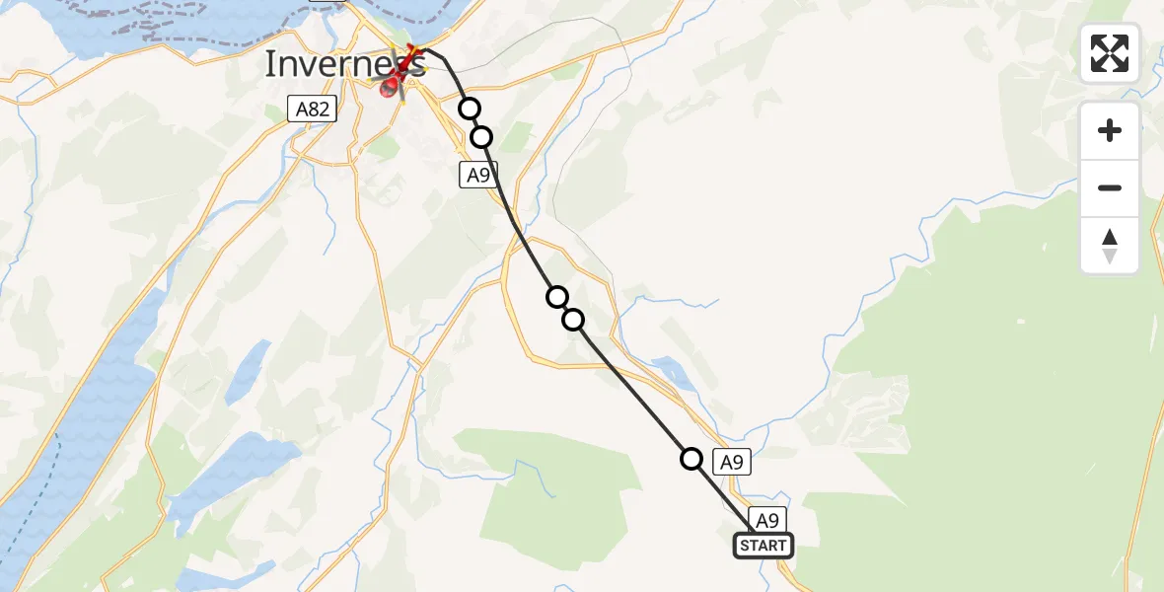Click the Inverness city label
coord(344,64)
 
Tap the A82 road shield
coord(313,109)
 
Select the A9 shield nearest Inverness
coord(477,176)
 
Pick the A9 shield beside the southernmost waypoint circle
coord(731,461)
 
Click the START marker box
coord(764,546)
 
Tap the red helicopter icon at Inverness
coord(394,87)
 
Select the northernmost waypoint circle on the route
coord(470,109)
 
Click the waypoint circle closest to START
coord(692,459)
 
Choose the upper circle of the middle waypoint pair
coord(557,297)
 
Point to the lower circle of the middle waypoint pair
coord(573,320)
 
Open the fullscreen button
coord(1110,53)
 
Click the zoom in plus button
coord(1110,130)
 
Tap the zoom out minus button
coord(1110,187)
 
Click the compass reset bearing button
coord(1110,246)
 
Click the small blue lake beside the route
coord(672,372)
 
